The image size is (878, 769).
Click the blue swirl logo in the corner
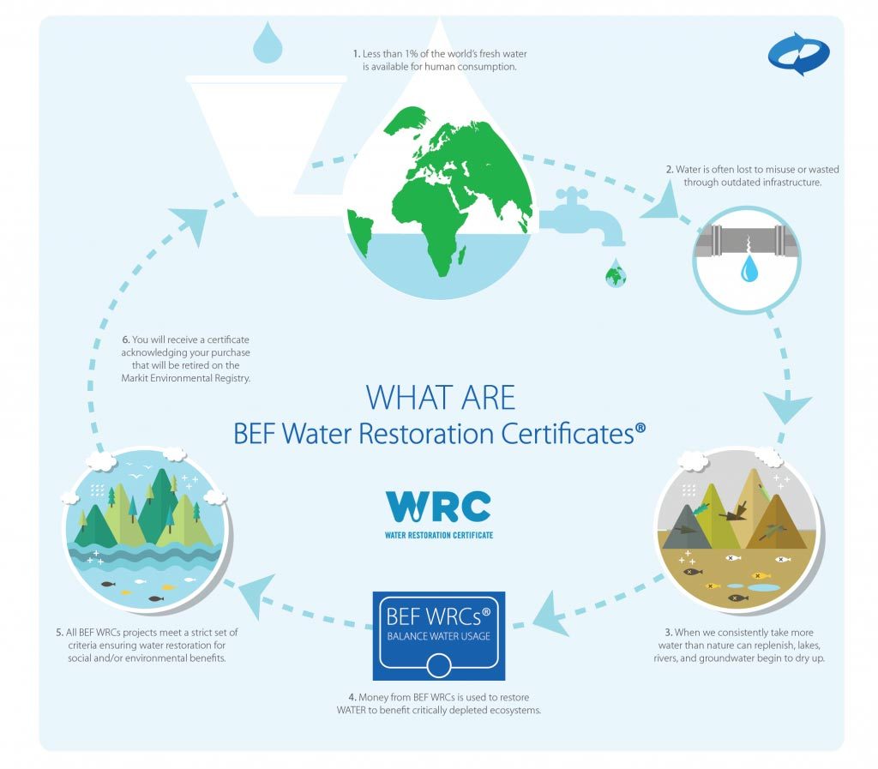799,54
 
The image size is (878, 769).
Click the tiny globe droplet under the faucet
616,273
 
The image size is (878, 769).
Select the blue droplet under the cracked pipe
749,268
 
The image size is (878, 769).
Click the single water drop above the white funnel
268,43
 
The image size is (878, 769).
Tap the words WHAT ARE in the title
440,398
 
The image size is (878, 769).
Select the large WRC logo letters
438,507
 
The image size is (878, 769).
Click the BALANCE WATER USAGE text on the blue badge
438,636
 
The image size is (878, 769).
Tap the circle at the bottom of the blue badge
438,666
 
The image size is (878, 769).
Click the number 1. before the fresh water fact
356,54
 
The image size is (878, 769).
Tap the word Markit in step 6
135,378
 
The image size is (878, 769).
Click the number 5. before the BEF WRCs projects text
59,633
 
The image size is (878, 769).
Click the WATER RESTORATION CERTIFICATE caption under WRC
439,536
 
